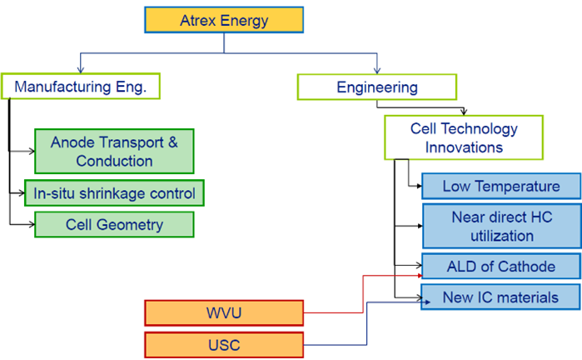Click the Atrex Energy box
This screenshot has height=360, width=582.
pyautogui.click(x=224, y=20)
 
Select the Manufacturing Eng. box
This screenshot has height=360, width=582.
pyautogui.click(x=80, y=87)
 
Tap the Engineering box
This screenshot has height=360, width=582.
pyautogui.click(x=376, y=87)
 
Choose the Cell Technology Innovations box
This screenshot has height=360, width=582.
pyautogui.click(x=463, y=137)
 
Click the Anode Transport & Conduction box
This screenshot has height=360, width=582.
pyautogui.click(x=113, y=151)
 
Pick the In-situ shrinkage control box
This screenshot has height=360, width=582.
pyautogui.click(x=113, y=193)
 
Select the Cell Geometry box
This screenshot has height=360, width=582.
pyautogui.click(x=113, y=224)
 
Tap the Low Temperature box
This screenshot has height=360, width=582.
pyautogui.click(x=500, y=186)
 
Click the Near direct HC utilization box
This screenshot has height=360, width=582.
pyautogui.click(x=500, y=225)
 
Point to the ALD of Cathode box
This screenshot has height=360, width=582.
pyautogui.click(x=500, y=267)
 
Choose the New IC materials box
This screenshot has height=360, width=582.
pyautogui.click(x=500, y=297)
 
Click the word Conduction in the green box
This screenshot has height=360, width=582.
pyautogui.click(x=114, y=160)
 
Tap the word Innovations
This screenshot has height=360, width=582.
pyautogui.click(x=464, y=147)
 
